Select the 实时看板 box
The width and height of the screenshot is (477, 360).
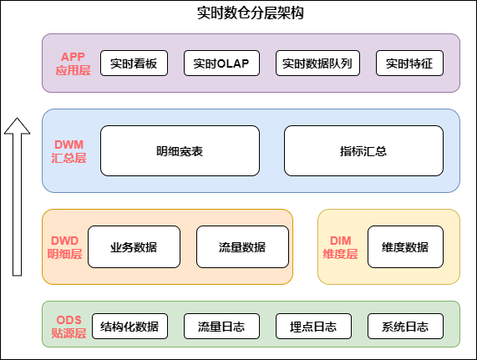134,63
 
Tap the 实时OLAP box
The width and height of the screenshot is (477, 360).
226,63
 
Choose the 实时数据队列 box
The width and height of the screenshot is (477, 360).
317,63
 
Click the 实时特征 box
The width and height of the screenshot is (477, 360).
409,63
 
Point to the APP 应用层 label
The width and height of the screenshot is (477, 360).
73,63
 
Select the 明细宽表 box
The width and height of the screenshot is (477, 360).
180,151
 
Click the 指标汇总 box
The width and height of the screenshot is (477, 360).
363,151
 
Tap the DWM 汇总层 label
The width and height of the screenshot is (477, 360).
69,151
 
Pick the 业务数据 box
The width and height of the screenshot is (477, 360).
134,247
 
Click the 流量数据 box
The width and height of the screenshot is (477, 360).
242,247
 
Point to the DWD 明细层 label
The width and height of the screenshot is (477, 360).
64,247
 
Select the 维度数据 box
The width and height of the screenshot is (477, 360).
405,247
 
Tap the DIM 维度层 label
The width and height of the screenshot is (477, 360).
340,247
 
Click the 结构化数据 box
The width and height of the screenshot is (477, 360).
129,326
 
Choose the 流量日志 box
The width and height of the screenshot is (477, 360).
221,326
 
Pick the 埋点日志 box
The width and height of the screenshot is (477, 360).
313,326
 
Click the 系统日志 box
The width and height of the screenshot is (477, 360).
405,326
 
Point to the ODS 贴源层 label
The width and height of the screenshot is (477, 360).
69,326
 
